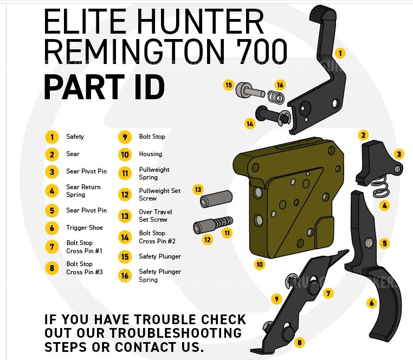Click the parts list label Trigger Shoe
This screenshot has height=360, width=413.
click(x=84, y=228)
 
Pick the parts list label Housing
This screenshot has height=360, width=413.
click(x=150, y=154)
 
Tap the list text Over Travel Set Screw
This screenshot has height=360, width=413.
click(x=155, y=216)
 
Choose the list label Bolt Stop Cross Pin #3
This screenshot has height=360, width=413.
click(x=84, y=268)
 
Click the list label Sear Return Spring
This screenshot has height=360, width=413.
click(x=83, y=191)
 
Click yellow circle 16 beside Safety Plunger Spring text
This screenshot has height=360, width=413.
click(x=125, y=275)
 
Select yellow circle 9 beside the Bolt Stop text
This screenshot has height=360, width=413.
click(x=125, y=137)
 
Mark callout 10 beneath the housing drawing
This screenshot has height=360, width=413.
click(x=260, y=265)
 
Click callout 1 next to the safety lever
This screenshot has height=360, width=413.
click(x=340, y=53)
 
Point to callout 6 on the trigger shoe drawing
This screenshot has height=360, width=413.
click(x=372, y=303)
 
